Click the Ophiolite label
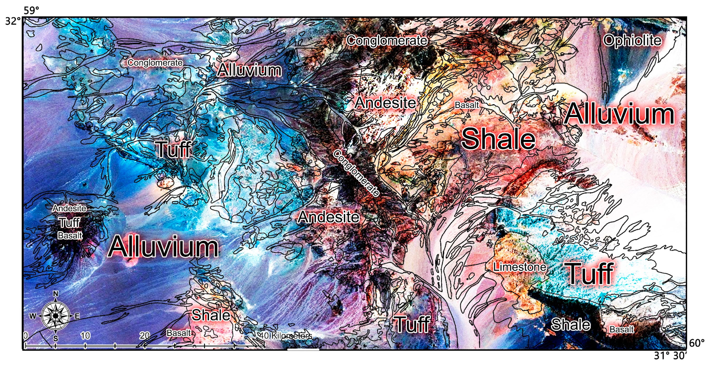click(x=632, y=41)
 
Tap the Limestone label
click(x=519, y=267)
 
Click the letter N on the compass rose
click(x=56, y=294)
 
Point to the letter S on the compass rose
click(x=56, y=338)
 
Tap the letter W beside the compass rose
click(x=33, y=316)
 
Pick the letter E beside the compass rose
click(x=77, y=316)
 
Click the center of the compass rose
click(x=56, y=316)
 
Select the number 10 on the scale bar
click(x=85, y=335)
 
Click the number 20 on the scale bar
click(x=144, y=335)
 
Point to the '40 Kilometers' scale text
click(x=286, y=335)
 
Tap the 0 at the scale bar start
click(x=26, y=335)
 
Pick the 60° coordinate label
click(x=697, y=343)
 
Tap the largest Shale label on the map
click(x=498, y=139)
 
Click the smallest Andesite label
click(x=69, y=208)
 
